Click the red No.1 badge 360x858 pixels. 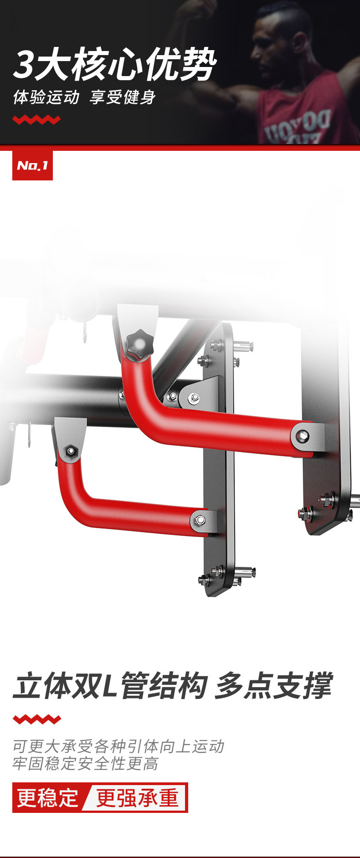(x=32, y=165)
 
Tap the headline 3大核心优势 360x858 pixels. (x=114, y=64)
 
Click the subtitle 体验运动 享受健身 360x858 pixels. (x=84, y=97)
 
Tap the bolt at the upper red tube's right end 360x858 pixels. (x=302, y=437)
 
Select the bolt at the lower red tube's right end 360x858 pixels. (x=200, y=519)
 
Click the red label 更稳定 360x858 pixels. (x=48, y=797)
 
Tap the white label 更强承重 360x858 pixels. (x=137, y=797)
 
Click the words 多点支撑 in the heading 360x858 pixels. (x=273, y=686)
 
